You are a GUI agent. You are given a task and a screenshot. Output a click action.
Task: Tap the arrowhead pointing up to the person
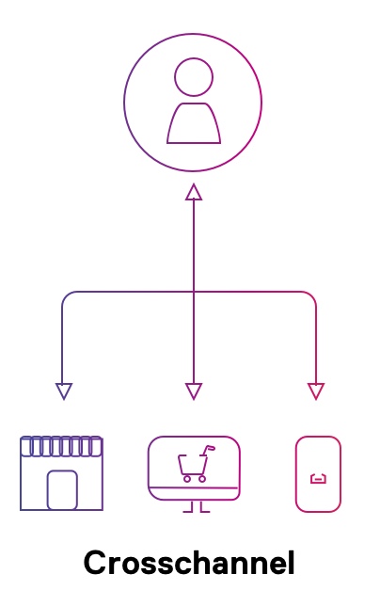click(194, 192)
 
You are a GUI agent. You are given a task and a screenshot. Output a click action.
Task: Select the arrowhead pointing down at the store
click(64, 391)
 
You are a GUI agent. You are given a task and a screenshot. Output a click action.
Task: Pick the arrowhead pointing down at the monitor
click(194, 391)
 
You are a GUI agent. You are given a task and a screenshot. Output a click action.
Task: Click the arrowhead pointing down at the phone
click(316, 391)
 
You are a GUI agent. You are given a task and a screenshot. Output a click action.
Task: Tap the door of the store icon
click(62, 490)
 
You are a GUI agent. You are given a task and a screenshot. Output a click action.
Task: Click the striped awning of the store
click(61, 446)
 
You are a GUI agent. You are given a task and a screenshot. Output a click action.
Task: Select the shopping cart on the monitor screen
click(196, 464)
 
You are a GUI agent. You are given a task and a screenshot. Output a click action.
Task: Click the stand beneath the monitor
click(197, 507)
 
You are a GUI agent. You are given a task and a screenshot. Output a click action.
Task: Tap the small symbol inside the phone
click(318, 479)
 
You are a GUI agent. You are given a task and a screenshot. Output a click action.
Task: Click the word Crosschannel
click(189, 563)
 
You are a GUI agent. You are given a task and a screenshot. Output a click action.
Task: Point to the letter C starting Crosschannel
click(95, 563)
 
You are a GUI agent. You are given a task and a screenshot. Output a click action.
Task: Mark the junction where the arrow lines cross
click(194, 292)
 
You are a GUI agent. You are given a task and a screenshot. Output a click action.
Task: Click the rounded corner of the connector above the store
click(67, 296)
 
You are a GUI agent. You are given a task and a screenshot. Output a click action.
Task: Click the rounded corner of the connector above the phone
click(312, 296)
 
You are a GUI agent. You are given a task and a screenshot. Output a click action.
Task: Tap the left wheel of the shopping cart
click(187, 479)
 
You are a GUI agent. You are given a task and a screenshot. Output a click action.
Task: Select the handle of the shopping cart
click(209, 449)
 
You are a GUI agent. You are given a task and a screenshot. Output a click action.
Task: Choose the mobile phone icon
click(318, 474)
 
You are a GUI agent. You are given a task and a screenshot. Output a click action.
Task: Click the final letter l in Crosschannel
click(292, 563)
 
